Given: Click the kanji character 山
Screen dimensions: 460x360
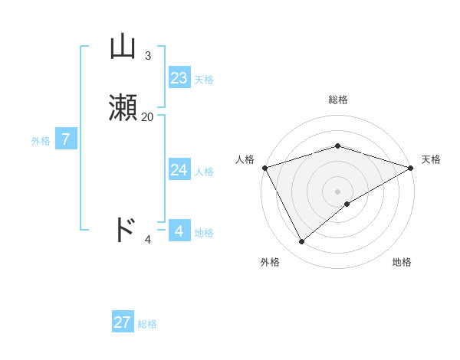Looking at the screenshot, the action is [x=123, y=47].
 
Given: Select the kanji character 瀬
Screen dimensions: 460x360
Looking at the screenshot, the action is [x=123, y=108].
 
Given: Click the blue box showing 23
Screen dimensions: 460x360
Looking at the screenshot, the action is [x=179, y=78].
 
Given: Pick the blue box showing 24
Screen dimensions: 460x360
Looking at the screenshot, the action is [x=179, y=170].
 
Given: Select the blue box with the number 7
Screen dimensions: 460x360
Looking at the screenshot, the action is [x=66, y=139].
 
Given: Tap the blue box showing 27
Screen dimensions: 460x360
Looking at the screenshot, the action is [x=123, y=322].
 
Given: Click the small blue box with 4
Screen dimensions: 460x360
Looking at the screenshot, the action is [x=179, y=231].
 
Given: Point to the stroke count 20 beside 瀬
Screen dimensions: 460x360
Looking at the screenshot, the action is [x=147, y=117].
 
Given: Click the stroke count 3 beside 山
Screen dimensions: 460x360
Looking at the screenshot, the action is [x=147, y=56].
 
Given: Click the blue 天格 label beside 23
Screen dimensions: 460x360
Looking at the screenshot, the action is [x=204, y=80].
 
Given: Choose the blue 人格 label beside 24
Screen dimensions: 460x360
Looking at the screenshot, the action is [x=204, y=172].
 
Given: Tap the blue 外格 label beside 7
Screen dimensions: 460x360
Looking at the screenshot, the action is [x=41, y=141].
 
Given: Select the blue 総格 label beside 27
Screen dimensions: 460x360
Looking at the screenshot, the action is [x=147, y=324].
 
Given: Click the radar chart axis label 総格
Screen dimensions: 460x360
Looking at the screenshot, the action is [x=337, y=100].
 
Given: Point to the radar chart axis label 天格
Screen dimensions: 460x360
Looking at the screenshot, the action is [x=431, y=159].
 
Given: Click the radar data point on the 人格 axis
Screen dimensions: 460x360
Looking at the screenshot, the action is [x=264, y=167].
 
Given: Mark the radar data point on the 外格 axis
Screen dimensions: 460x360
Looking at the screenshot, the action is [x=302, y=242].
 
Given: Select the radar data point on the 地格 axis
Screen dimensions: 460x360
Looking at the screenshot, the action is [x=347, y=204].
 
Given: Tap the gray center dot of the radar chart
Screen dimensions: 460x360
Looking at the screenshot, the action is [x=337, y=191].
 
